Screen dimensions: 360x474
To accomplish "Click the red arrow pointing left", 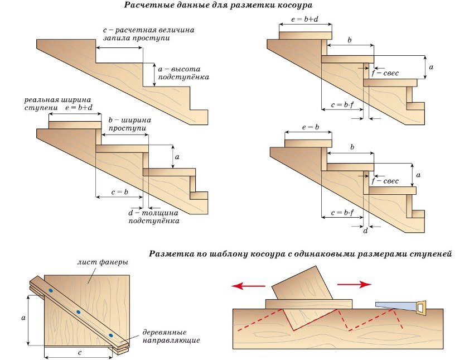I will point(248,286).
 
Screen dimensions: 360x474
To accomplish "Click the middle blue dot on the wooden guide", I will point(78,311).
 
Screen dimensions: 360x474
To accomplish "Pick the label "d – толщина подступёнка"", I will point(154,217).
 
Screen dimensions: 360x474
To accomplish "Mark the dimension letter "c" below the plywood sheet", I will point(80,353).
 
